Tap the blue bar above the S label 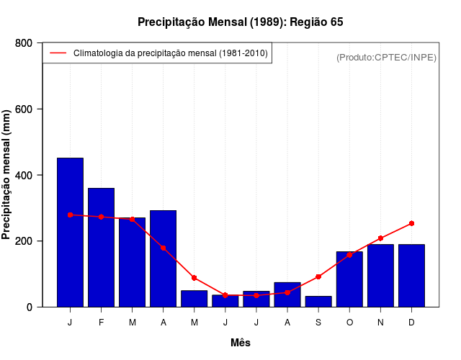[318, 302]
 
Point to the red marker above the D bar [411, 223]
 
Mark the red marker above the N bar [380, 238]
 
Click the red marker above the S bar [318, 276]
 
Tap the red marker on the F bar [101, 217]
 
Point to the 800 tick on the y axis [24, 43]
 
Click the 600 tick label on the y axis [24, 109]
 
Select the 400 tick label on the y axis [24, 175]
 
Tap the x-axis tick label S [318, 323]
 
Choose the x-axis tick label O [349, 323]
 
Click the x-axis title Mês [241, 343]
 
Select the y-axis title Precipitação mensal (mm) [7, 175]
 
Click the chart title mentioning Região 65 [241, 22]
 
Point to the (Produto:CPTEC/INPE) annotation [386, 57]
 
